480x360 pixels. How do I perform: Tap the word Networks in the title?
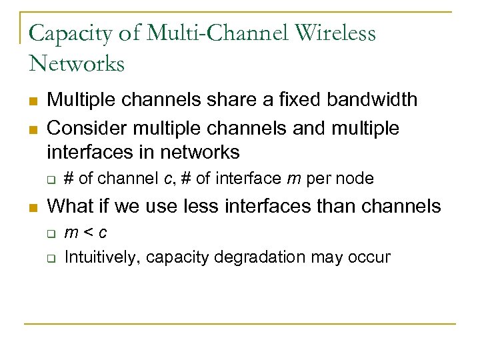pos(77,63)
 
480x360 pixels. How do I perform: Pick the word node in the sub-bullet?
pos(357,179)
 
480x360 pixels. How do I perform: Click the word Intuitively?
pos(103,257)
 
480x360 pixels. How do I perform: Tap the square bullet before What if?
pos(32,207)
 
